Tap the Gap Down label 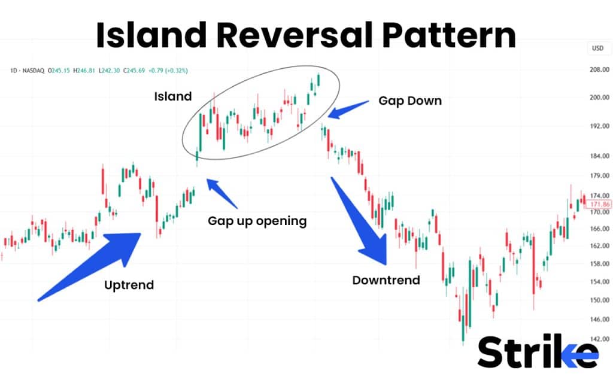410,101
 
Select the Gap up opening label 257,221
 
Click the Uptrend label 129,285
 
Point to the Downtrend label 386,280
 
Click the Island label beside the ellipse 172,96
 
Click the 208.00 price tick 599,69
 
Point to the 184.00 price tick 599,156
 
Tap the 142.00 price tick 599,339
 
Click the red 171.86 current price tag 599,204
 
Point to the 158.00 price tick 599,263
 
